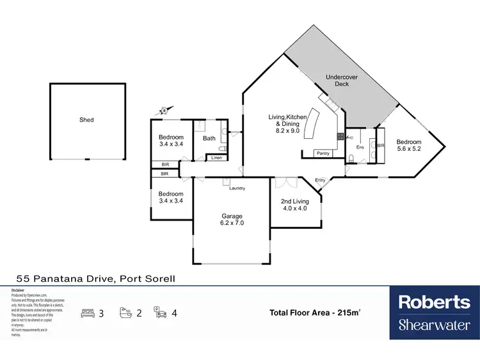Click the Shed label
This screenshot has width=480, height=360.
(x=86, y=120)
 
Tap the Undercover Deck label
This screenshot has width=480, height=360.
(x=337, y=80)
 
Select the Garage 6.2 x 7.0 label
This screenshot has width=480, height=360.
(x=232, y=220)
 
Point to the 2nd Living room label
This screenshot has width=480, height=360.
(x=294, y=204)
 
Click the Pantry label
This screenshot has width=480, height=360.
(x=323, y=153)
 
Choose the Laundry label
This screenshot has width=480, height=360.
(x=237, y=188)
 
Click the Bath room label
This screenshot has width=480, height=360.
(x=209, y=138)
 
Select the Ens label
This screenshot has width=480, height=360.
(x=360, y=147)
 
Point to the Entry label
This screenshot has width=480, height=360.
(x=320, y=180)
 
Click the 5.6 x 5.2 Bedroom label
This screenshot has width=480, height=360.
(x=409, y=146)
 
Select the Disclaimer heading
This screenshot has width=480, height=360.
(x=18, y=290)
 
